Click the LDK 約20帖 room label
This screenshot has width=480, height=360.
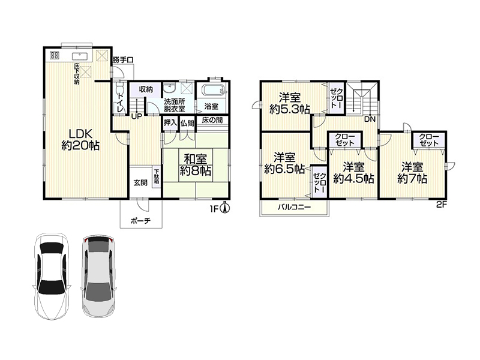pyautogui.click(x=80, y=140)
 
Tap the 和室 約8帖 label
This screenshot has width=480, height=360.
pyautogui.click(x=196, y=164)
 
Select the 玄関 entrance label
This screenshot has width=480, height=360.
pyautogui.click(x=140, y=183)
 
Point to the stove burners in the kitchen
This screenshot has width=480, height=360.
pyautogui.click(x=55, y=55)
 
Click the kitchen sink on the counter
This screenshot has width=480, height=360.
pyautogui.click(x=80, y=56)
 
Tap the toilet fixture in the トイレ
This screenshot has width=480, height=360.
pyautogui.click(x=119, y=86)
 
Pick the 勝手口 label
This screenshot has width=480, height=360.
pyautogui.click(x=123, y=59)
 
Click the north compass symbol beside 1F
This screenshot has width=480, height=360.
pyautogui.click(x=226, y=208)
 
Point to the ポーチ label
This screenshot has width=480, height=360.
pyautogui.click(x=141, y=220)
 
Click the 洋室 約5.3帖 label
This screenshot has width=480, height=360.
pyautogui.click(x=289, y=103)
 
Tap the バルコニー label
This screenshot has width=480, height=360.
pyautogui.click(x=294, y=207)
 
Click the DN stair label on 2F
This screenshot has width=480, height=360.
pyautogui.click(x=370, y=119)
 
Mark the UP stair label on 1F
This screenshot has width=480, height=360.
pyautogui.click(x=137, y=116)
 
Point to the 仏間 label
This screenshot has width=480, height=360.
pyautogui.click(x=187, y=124)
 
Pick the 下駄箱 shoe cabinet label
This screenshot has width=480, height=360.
pyautogui.click(x=157, y=176)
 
